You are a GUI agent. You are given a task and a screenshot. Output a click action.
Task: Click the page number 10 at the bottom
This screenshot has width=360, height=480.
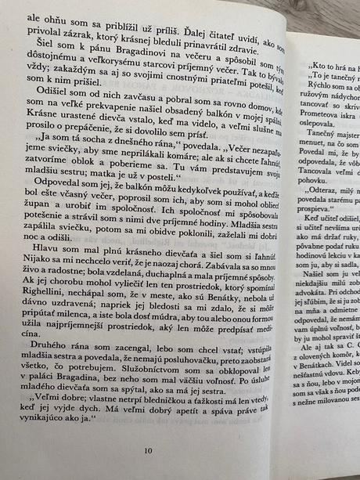click(x=149, y=450)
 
